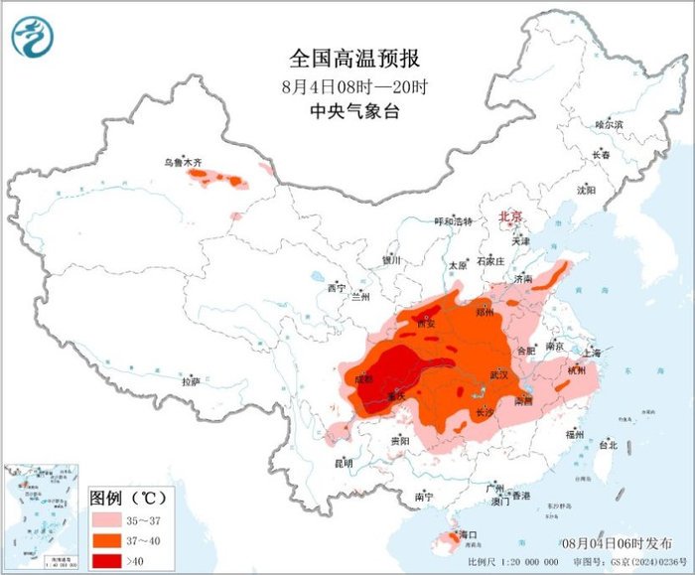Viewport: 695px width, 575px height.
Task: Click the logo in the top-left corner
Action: [x=33, y=39]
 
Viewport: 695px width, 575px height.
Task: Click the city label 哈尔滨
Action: [x=608, y=125]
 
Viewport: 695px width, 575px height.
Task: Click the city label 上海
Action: [x=593, y=353]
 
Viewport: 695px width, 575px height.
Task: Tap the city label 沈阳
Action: [x=586, y=189]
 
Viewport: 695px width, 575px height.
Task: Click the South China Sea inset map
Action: [x=43, y=517]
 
